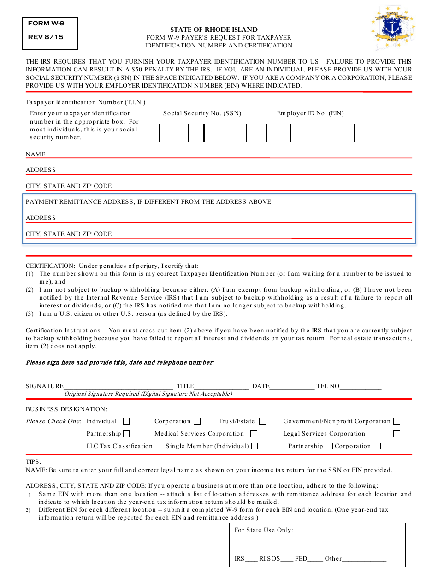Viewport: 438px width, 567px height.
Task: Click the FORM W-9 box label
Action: pos(45,24)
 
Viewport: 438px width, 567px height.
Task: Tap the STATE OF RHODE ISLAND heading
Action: pos(214,30)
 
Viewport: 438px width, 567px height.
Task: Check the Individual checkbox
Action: pos(126,421)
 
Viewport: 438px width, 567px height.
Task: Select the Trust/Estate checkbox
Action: pos(263,421)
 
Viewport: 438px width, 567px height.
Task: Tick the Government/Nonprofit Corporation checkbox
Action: pos(397,421)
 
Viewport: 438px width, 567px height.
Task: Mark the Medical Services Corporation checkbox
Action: pos(254,434)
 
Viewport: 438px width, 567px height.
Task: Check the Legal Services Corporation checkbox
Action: pos(397,434)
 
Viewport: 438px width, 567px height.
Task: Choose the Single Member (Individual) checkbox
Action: pos(254,446)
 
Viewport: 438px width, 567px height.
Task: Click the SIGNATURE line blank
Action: pos(118,386)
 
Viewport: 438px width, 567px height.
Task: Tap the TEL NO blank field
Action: pos(361,386)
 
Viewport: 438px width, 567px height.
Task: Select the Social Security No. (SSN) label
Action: pos(202,113)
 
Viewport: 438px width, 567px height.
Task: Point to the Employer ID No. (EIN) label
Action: pos(310,113)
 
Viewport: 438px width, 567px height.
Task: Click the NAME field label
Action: pos(36,154)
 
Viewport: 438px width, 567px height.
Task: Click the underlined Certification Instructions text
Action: pos(63,331)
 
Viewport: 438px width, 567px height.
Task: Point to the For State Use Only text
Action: pos(263,530)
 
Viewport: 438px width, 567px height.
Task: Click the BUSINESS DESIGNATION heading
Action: pos(66,409)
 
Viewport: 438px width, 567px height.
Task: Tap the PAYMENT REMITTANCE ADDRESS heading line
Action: pos(148,202)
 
